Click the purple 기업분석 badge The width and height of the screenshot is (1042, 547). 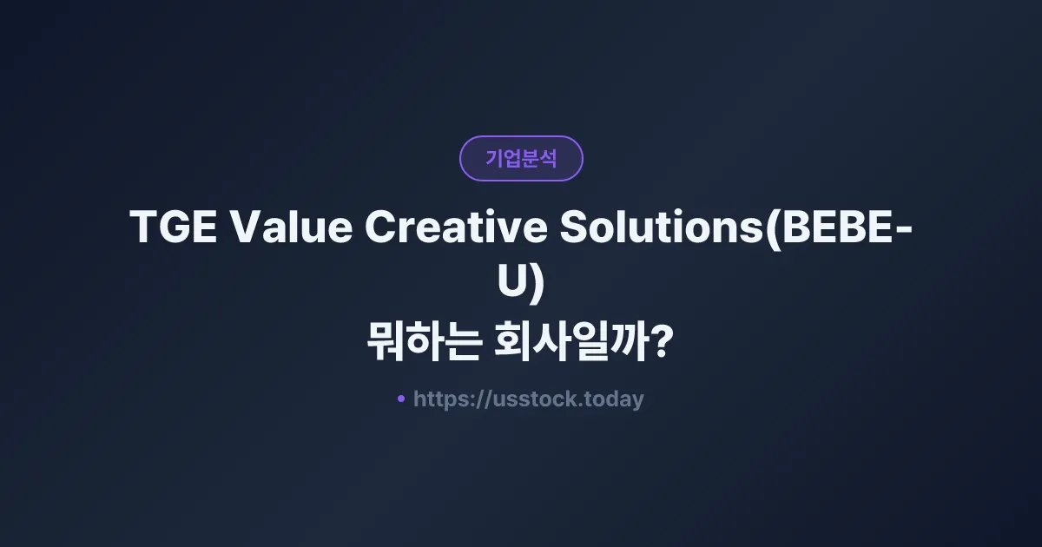point(521,158)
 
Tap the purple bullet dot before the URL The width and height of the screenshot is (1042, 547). point(401,399)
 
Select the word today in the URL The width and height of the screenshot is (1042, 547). point(615,399)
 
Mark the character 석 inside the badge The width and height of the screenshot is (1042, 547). point(548,159)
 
